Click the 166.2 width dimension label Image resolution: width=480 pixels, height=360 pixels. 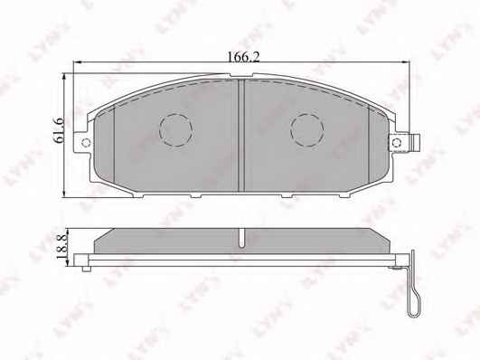click(x=243, y=57)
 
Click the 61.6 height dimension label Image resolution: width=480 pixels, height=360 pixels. click(x=58, y=130)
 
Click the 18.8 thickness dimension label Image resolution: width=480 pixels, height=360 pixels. click(x=61, y=245)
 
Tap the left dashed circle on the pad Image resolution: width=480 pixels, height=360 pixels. click(x=175, y=130)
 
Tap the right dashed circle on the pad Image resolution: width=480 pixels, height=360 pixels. click(x=307, y=130)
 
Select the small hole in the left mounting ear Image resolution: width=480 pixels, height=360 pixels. click(x=86, y=142)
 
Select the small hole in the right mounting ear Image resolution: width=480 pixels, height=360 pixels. click(x=397, y=142)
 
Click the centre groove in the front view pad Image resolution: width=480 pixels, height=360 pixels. click(x=241, y=136)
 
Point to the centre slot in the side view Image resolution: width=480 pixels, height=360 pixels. click(x=242, y=238)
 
